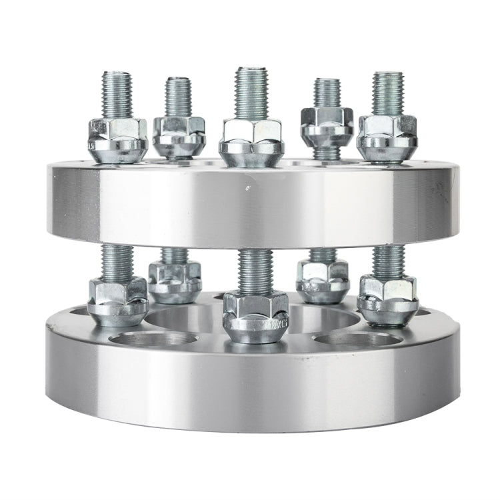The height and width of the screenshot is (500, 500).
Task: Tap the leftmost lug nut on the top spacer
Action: [117, 139]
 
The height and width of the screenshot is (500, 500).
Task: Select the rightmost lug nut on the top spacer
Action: [387, 139]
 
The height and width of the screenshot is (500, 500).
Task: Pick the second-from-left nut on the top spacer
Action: [179, 135]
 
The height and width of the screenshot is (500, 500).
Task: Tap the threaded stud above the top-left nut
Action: [117, 93]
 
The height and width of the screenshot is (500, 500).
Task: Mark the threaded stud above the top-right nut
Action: [387, 93]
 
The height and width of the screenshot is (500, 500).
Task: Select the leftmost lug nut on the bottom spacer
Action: [118, 301]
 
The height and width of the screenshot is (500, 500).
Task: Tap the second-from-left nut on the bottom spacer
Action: [175, 281]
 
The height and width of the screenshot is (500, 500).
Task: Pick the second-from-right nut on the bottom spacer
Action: [323, 280]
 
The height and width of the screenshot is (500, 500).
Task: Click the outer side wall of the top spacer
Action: [167, 207]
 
